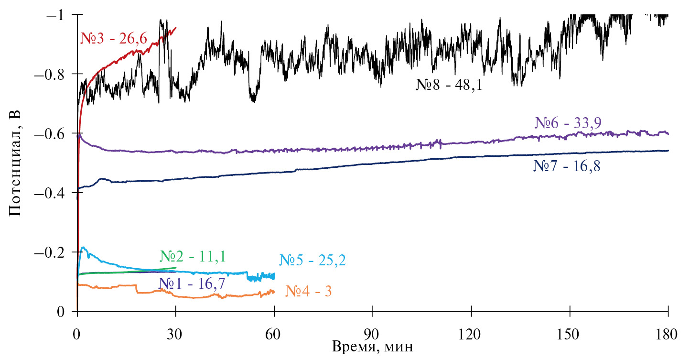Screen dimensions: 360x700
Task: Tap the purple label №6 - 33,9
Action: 567,123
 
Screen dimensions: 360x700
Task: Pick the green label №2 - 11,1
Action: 193,257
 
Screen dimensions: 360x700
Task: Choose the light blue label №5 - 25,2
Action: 312,261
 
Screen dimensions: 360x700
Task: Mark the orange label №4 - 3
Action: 308,291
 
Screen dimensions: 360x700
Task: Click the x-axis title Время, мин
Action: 373,347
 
